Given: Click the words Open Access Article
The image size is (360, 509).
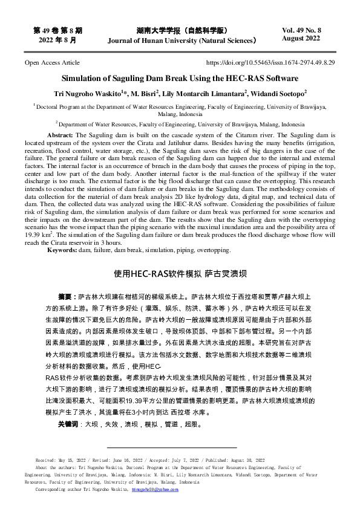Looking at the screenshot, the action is pos(51,62).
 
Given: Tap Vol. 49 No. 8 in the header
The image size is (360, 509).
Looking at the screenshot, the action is pos(301,30).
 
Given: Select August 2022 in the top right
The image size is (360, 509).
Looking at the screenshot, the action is pos(301,38).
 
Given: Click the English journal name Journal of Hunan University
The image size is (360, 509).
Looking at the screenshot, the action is pos(182,41).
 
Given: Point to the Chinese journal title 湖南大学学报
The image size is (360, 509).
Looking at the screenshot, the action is pos(182,30).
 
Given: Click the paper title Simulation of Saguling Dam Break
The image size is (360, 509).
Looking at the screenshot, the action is pos(180,79).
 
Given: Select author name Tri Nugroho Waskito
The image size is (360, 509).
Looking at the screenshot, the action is pos(87,94).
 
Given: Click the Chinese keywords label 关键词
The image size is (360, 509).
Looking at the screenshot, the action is pos(67,424).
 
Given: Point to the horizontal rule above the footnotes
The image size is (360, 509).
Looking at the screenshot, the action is pos(179,447).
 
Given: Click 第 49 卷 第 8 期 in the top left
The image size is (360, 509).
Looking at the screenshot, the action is pos(58,30).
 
